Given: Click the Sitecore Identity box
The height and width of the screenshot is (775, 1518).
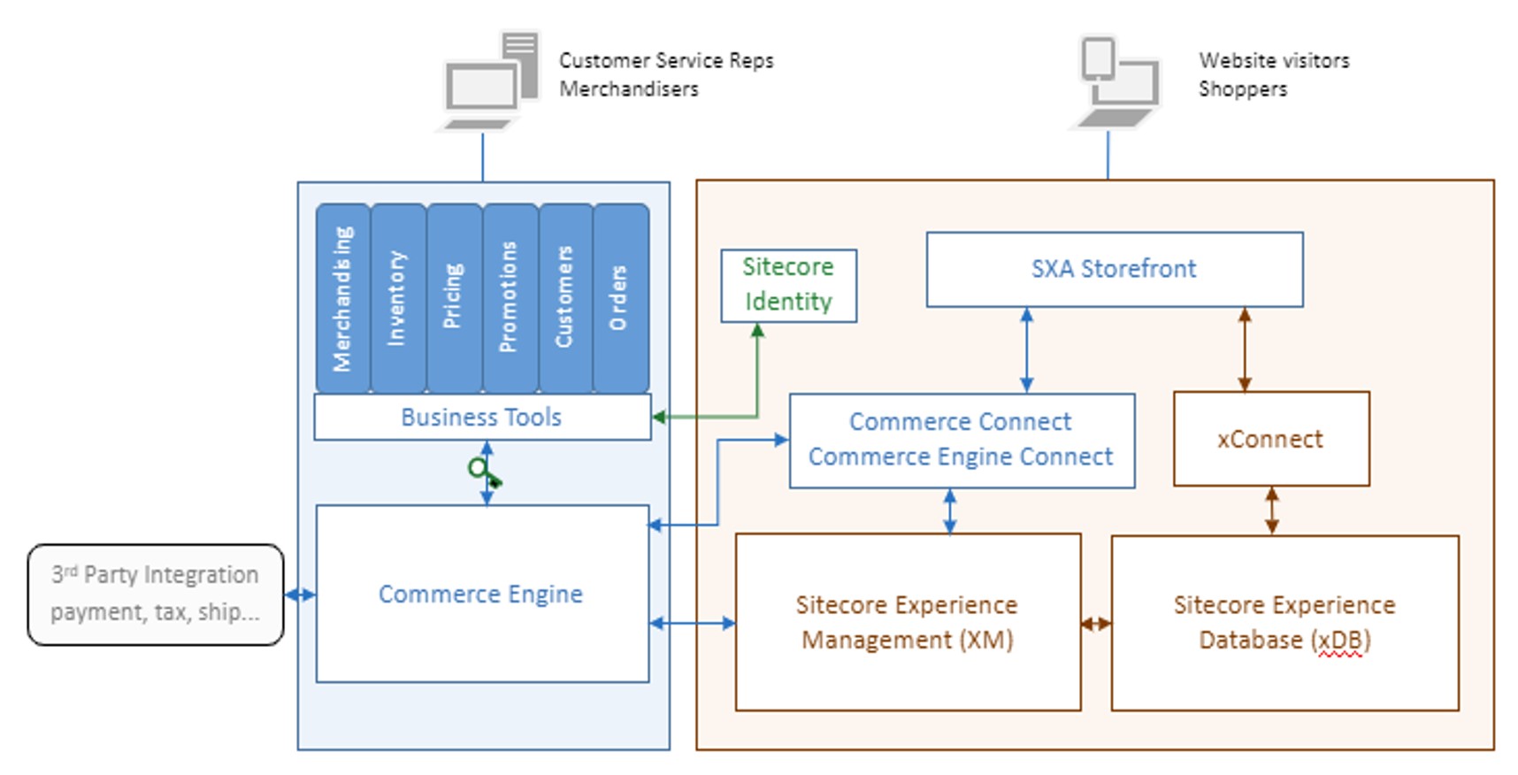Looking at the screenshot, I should [788, 285].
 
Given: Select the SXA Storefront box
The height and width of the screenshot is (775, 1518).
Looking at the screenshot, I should [1114, 269].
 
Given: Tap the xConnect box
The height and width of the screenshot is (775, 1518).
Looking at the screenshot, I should [1270, 439].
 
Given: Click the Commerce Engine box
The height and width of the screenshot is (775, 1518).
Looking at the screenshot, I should [481, 594].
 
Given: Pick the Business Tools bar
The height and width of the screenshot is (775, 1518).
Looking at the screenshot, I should [481, 417].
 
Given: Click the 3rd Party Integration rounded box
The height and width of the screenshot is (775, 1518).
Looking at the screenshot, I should [156, 594].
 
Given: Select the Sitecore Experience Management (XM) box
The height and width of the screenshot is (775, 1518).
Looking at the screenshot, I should [908, 622].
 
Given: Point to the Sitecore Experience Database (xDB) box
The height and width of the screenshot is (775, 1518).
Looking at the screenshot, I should [1284, 622].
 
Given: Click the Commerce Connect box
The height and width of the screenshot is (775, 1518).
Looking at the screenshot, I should [961, 440].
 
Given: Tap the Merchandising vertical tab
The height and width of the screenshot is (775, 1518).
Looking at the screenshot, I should [343, 299].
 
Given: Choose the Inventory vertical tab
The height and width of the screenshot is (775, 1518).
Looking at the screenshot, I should [398, 299].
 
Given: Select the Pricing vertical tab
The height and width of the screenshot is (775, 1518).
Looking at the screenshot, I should [454, 299].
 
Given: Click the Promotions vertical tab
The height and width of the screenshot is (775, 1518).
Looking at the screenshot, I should [510, 299].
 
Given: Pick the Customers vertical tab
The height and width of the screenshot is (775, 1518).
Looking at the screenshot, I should [565, 299].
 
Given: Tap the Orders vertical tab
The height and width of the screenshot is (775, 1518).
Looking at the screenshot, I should [620, 299].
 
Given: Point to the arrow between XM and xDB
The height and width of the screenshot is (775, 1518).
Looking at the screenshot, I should [1096, 624].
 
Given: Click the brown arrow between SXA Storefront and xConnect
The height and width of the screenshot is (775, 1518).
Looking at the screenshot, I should [1245, 349].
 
